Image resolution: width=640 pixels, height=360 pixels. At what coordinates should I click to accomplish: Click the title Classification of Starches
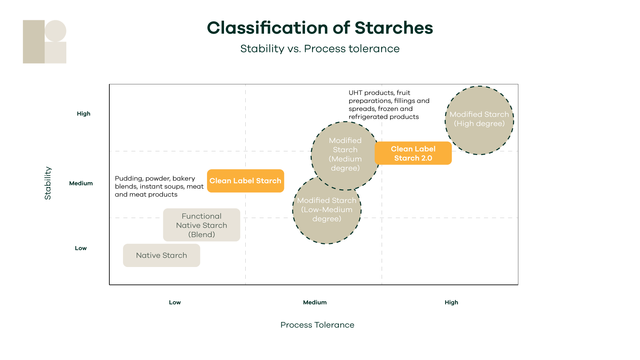pyautogui.click(x=320, y=28)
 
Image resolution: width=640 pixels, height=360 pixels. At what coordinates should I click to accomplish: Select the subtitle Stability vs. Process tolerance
pyautogui.click(x=320, y=49)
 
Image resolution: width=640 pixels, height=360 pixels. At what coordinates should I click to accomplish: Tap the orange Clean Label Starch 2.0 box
pyautogui.click(x=413, y=153)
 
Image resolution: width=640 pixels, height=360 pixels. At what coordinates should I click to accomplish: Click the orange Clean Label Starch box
pyautogui.click(x=245, y=181)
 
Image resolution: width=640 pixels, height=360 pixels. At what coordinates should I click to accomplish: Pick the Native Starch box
pyautogui.click(x=161, y=255)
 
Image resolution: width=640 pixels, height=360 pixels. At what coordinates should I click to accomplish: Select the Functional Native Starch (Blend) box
pyautogui.click(x=201, y=225)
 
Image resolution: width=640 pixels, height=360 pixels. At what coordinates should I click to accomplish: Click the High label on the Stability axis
pyautogui.click(x=83, y=114)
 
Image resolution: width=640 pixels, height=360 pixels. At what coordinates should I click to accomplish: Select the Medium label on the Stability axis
pyautogui.click(x=81, y=183)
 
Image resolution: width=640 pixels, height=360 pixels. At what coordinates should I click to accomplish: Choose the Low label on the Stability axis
pyautogui.click(x=81, y=248)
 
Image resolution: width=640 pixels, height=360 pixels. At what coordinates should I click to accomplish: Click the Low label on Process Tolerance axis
pyautogui.click(x=175, y=302)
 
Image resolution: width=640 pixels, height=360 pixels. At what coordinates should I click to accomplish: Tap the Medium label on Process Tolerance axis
pyautogui.click(x=315, y=302)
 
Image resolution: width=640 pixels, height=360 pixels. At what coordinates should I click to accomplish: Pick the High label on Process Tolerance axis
pyautogui.click(x=451, y=302)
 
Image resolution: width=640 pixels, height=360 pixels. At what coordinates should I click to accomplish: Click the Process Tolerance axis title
pyautogui.click(x=317, y=325)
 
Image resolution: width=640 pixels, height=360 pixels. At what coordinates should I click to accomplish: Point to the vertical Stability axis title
pyautogui.click(x=48, y=183)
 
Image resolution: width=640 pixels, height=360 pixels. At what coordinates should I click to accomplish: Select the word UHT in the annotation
pyautogui.click(x=355, y=93)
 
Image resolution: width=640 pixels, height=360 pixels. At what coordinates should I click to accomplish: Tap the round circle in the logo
pyautogui.click(x=56, y=31)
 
